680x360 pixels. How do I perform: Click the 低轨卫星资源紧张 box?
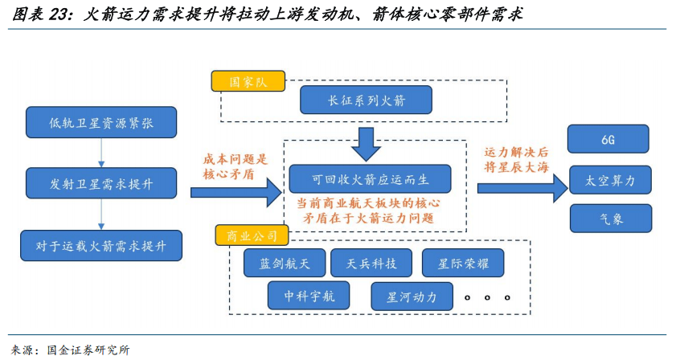click(102, 121)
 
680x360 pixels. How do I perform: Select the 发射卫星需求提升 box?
click(102, 184)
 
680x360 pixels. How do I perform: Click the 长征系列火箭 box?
click(366, 100)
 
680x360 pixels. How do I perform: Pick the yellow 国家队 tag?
click(248, 82)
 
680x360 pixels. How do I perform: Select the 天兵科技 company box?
click(371, 262)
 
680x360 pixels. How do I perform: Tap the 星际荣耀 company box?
click(463, 262)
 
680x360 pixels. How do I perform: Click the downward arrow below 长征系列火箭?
click(367, 143)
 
